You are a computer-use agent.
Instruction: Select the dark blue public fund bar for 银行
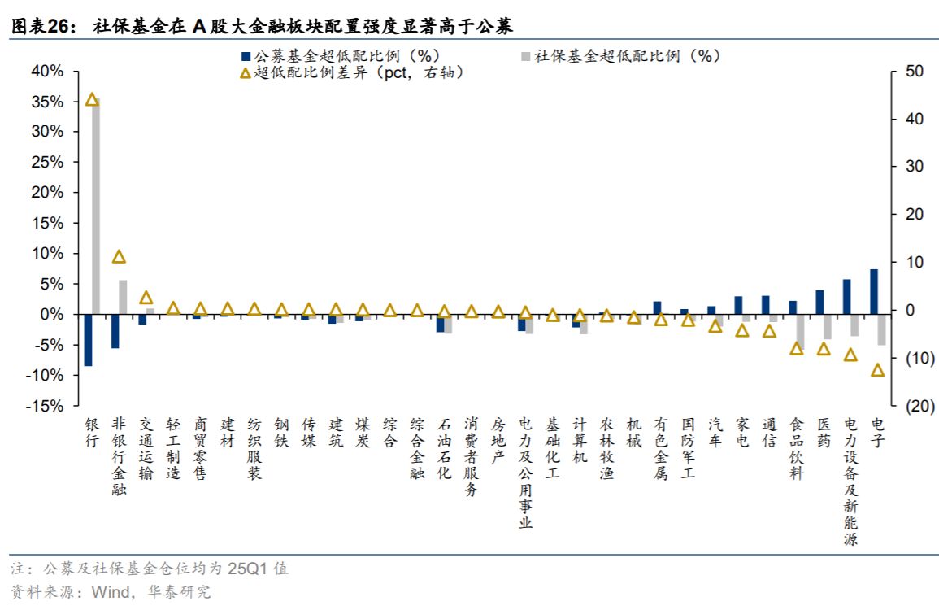tap(88, 339)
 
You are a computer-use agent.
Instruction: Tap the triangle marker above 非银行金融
tap(119, 257)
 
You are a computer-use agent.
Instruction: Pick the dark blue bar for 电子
tap(873, 291)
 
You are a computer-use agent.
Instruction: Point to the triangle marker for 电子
tap(877, 370)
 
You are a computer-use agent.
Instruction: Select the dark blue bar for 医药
tap(819, 302)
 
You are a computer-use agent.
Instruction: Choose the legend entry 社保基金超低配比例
tap(627, 56)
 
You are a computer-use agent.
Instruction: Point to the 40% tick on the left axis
tap(47, 72)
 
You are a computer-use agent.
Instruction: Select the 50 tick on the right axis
tap(915, 72)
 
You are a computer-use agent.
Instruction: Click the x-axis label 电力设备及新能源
tap(850, 481)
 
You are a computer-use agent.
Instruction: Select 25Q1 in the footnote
tap(246, 569)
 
